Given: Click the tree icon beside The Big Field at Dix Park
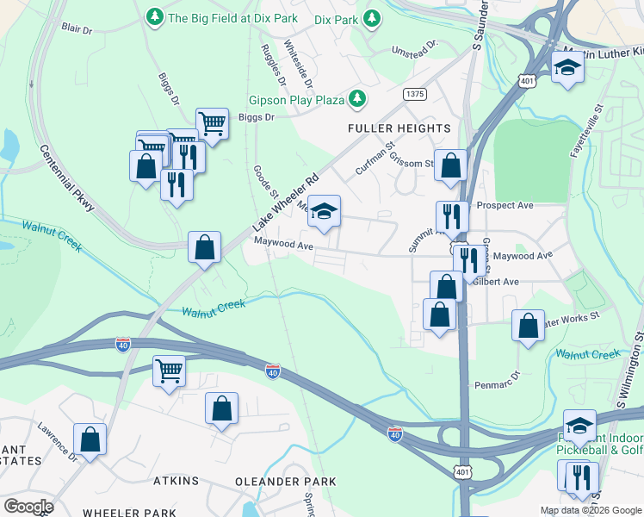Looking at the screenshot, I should pos(155,16).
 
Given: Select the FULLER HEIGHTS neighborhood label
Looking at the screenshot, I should pos(399,128).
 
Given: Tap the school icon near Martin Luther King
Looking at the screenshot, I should pos(567,67).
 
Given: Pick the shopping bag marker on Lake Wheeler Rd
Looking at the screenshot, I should pos(204,248).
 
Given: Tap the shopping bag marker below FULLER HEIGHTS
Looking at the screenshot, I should pos(449,165).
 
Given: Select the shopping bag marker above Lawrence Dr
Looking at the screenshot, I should pos(90,439).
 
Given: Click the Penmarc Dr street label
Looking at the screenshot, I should pos(498,380).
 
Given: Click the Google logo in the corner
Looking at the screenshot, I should pos(28,506).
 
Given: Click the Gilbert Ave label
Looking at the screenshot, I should pos(499,282).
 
